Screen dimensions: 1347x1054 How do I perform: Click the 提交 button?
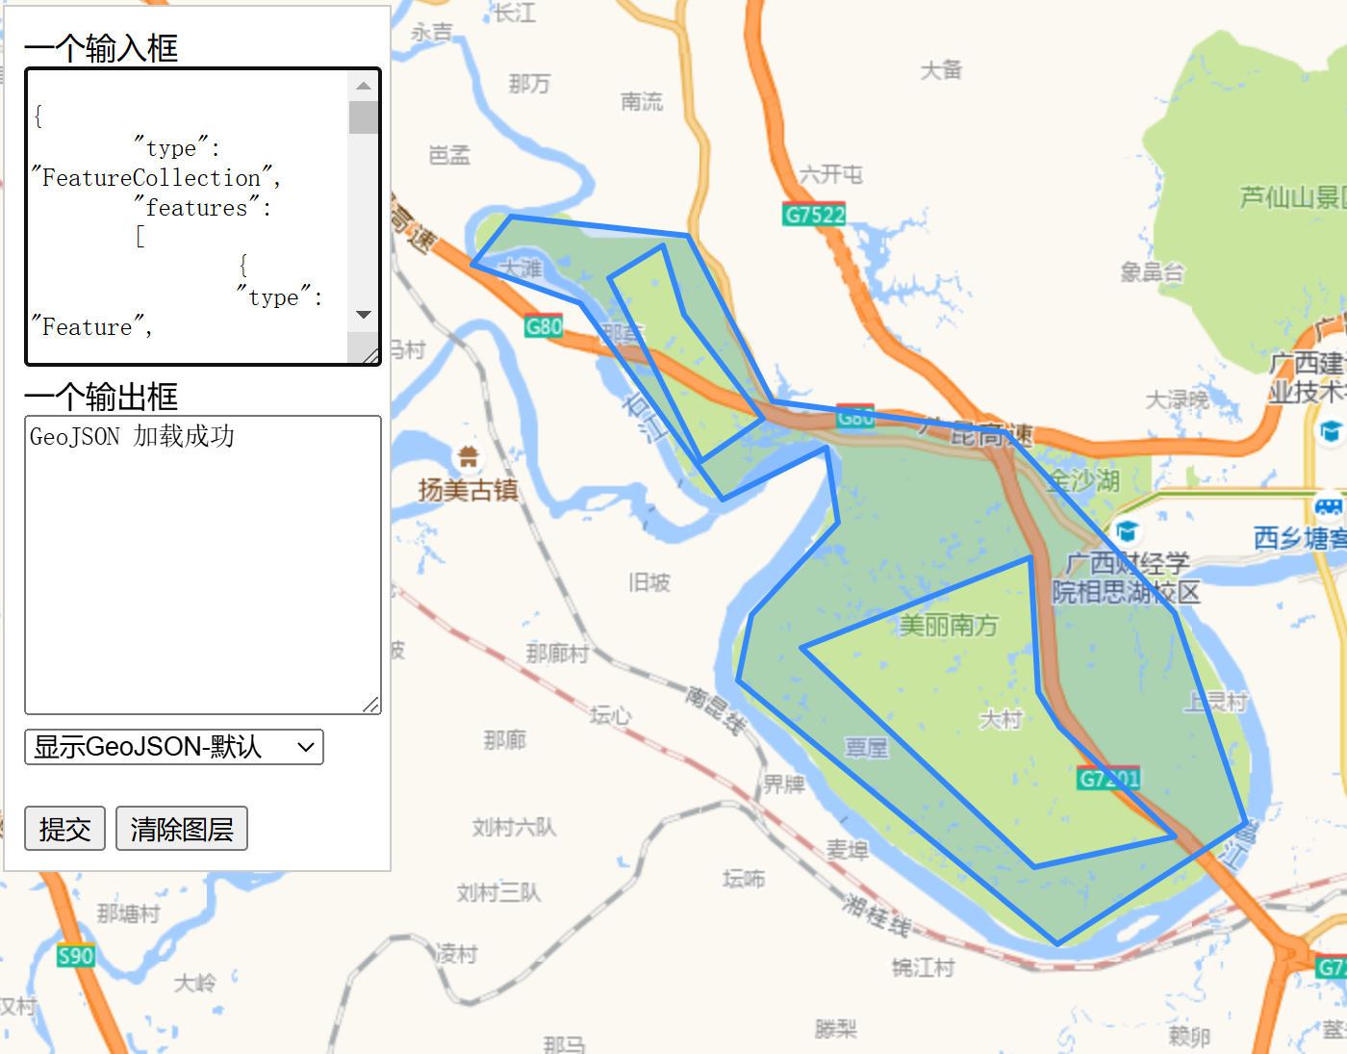coord(64,829)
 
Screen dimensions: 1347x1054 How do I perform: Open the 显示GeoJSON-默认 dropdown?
coord(173,747)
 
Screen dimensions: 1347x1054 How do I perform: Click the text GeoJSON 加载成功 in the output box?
coord(132,437)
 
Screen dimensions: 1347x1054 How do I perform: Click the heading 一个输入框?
coord(101,48)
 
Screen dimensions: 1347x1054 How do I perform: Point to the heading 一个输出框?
coord(101,397)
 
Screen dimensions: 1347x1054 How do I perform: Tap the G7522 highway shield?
coord(814,215)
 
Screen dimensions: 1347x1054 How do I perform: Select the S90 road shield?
coord(75,956)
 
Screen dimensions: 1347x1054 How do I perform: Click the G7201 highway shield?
coord(1108,779)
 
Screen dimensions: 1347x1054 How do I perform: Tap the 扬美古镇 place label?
coord(468,490)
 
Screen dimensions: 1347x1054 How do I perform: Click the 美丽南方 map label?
coord(949,626)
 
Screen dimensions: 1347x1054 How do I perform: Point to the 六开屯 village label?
coord(831,174)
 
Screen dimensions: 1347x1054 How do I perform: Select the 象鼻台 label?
coord(1152,272)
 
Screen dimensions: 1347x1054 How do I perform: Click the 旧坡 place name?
coord(649,582)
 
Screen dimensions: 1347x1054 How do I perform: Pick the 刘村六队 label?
coord(514,827)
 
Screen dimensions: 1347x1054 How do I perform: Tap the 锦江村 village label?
coord(923,967)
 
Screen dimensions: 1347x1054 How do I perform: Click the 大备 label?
coord(941,70)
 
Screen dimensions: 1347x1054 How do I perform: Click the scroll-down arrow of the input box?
coord(364,315)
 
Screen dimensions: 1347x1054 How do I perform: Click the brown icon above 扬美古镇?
coord(469,455)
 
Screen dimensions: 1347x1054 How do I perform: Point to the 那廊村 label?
coord(557,654)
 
